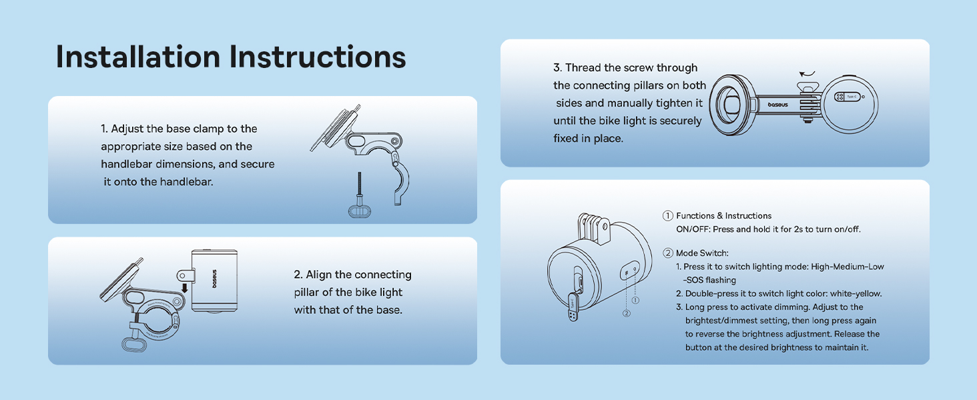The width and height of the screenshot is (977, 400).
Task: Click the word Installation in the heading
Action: (x=138, y=57)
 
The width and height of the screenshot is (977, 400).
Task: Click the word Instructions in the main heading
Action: (x=318, y=57)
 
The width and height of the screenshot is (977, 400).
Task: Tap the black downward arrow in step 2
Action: (x=184, y=287)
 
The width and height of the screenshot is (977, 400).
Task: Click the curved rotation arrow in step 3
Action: (x=807, y=74)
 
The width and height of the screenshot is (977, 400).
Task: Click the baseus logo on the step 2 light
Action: (x=214, y=279)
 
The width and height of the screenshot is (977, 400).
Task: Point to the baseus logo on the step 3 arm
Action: (x=777, y=105)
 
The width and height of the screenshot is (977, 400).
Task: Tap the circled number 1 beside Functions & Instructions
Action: (x=667, y=216)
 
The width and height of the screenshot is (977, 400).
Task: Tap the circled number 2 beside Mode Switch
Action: (x=667, y=253)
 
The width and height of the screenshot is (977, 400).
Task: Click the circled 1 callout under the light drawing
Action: (x=635, y=300)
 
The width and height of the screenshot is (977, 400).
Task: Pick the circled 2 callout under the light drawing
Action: (x=627, y=313)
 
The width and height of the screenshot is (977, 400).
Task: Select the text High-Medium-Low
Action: (x=848, y=267)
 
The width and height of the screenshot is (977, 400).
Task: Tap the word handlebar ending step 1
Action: (x=180, y=182)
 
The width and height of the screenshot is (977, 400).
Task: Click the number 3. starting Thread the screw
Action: (x=557, y=68)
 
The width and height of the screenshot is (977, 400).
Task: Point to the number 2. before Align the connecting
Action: (x=298, y=275)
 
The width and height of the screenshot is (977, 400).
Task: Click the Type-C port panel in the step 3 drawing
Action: (x=848, y=97)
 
